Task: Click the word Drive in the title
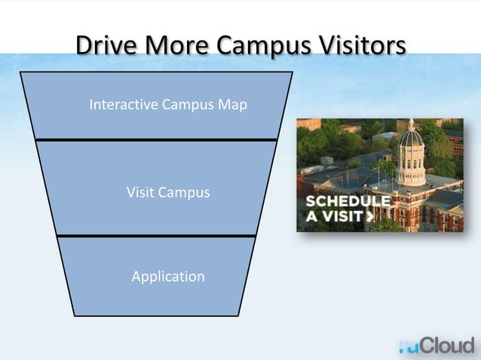click(105, 45)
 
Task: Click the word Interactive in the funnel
click(122, 104)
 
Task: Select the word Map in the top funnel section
click(233, 104)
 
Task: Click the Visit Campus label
click(168, 193)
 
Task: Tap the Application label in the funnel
click(168, 276)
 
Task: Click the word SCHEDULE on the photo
click(348, 202)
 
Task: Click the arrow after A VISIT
click(369, 217)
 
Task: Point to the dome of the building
click(411, 138)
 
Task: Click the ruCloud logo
click(437, 346)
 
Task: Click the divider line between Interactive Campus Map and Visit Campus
click(156, 139)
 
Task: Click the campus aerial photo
click(379, 174)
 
